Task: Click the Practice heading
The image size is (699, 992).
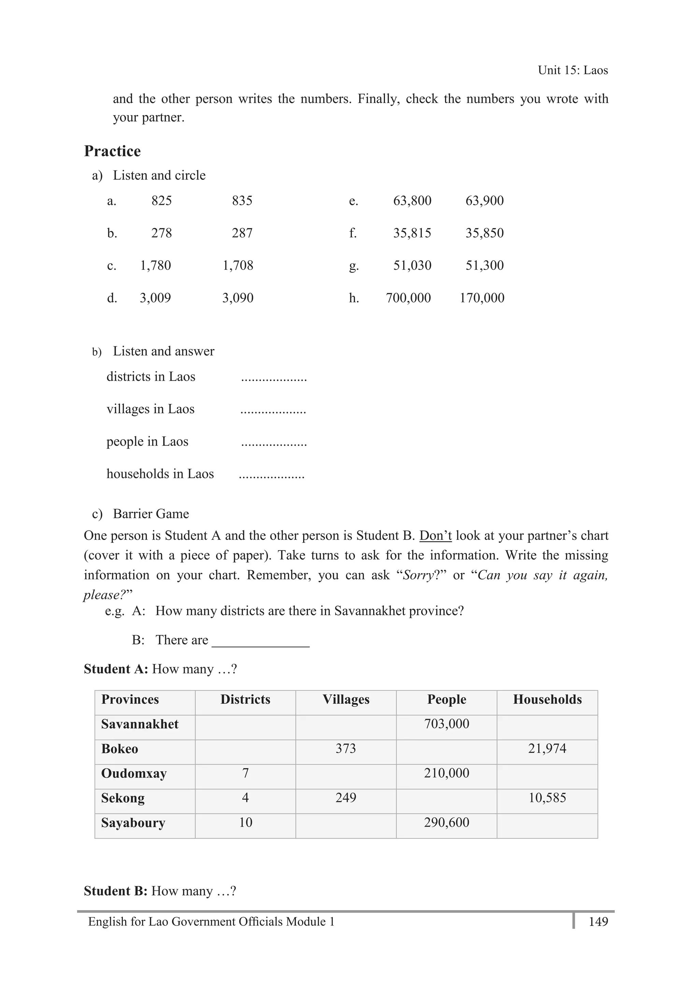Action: [x=112, y=151]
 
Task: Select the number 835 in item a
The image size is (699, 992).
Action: [x=242, y=201]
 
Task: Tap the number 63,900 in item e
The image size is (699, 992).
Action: [x=484, y=201]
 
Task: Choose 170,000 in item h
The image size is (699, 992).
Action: [x=482, y=298]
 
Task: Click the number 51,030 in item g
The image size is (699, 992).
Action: [x=412, y=265]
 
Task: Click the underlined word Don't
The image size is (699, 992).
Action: [x=435, y=536]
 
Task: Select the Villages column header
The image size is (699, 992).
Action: [x=346, y=700]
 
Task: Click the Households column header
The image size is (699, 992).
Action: [x=547, y=700]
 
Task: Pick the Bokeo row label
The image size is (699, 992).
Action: [x=119, y=749]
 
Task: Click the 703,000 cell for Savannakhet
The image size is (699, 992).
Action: [x=446, y=724]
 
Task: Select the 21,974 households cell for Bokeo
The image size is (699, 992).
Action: [x=547, y=748]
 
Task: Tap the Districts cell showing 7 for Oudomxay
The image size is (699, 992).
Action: [x=245, y=773]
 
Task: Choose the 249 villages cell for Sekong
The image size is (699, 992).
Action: [x=346, y=798]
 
